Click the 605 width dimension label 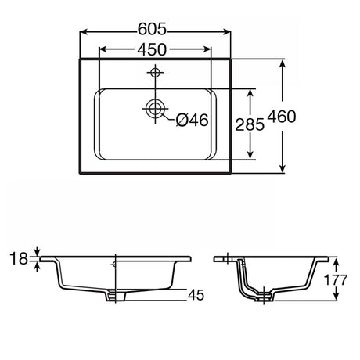(x=152, y=29)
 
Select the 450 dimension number (x=152, y=49)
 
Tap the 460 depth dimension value (x=282, y=117)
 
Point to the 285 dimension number (x=250, y=124)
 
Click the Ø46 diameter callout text (x=192, y=120)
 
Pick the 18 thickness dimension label (x=19, y=259)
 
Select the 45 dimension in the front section (x=196, y=295)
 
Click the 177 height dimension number (x=335, y=280)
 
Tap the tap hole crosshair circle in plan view (x=155, y=72)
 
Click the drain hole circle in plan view (x=155, y=108)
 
